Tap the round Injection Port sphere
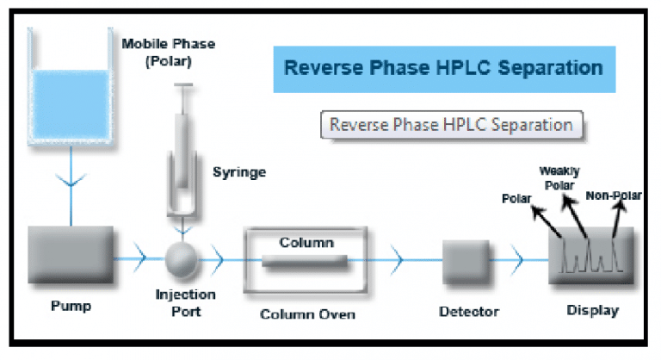tap(182, 257)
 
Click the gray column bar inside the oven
tap(306, 260)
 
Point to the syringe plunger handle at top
tap(183, 85)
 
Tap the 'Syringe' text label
tap(239, 172)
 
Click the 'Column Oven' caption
tap(307, 313)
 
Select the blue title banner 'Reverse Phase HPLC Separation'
tap(443, 67)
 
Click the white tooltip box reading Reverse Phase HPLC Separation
tap(451, 124)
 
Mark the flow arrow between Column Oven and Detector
tap(397, 258)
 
